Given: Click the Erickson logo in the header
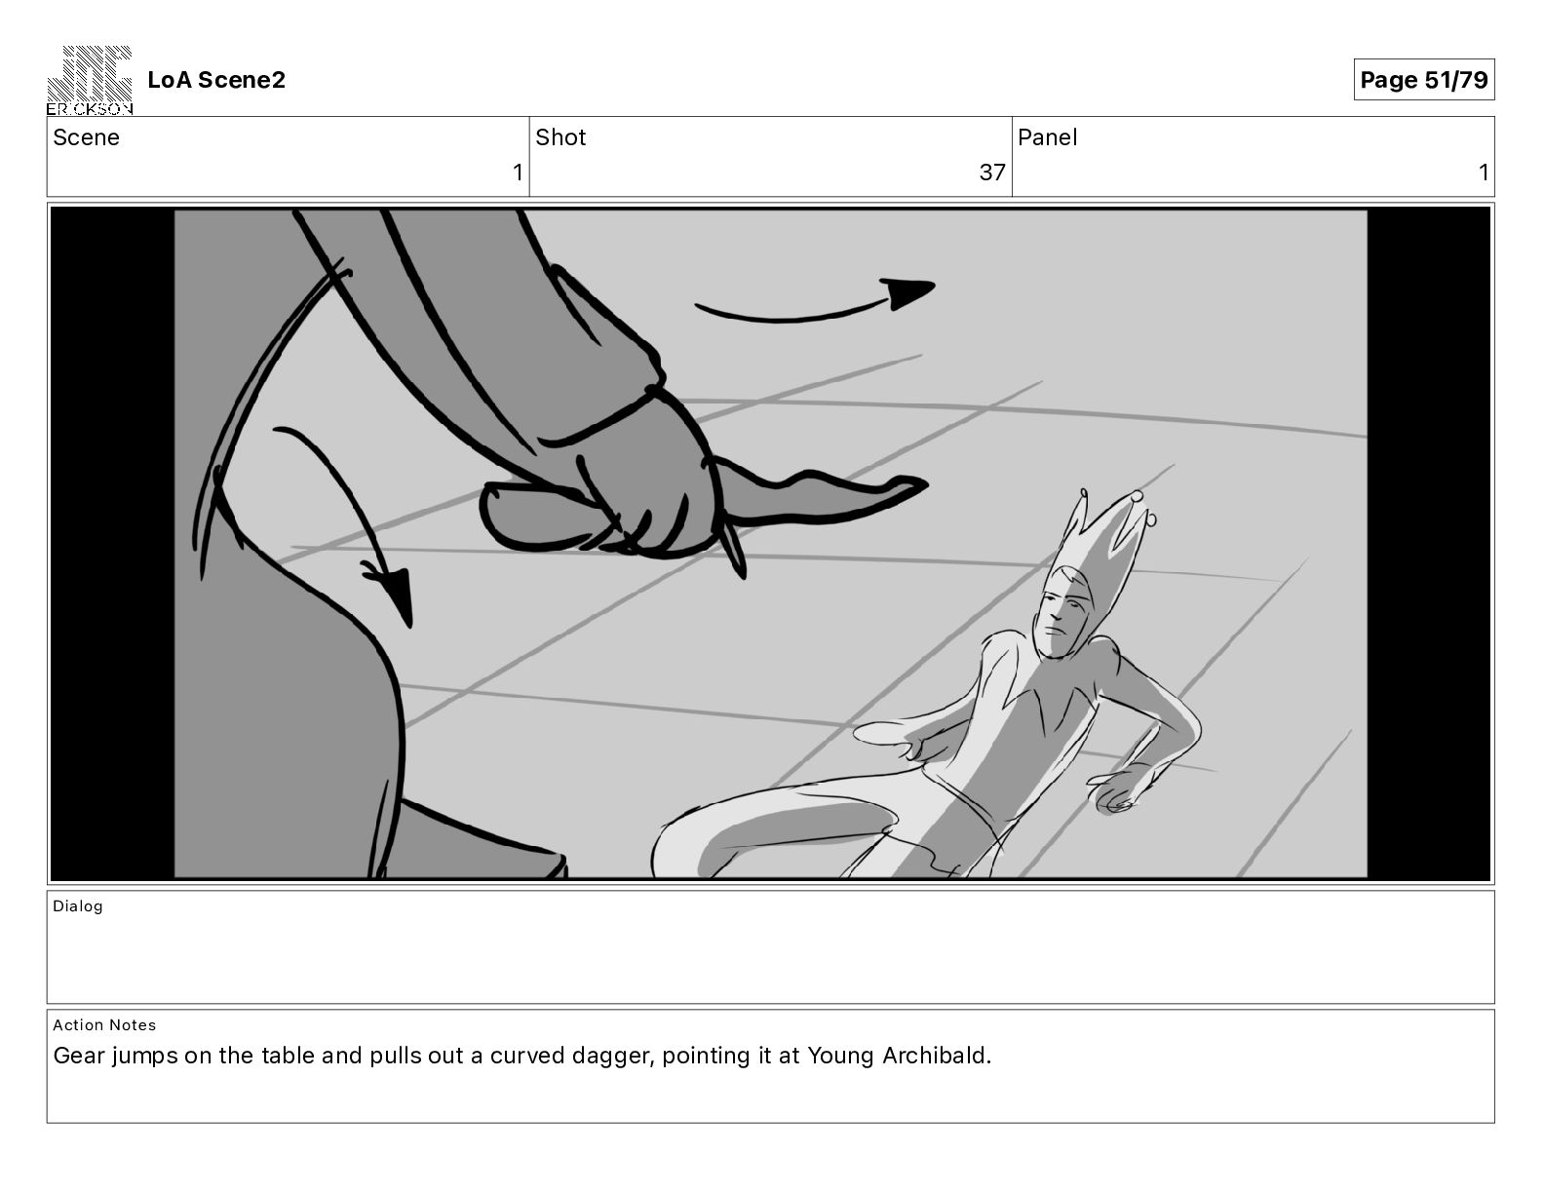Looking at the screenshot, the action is (x=90, y=80).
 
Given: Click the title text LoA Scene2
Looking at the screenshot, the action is (x=216, y=80).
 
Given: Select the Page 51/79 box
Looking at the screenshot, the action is (x=1423, y=80).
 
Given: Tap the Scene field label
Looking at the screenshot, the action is (x=86, y=137).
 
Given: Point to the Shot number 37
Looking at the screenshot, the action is (x=992, y=172).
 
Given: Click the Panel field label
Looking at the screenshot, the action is (x=1047, y=137).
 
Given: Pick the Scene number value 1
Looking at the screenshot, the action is (x=518, y=172).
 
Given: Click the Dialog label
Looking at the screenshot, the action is (x=77, y=905).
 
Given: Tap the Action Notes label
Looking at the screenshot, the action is (x=104, y=1024).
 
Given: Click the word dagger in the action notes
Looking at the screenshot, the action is (x=612, y=1056).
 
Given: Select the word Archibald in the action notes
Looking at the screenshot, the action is (x=937, y=1056).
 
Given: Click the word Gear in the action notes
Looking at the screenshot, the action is (x=79, y=1056).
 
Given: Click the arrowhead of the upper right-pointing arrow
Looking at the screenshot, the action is (x=908, y=292).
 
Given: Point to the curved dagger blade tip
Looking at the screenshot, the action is (x=924, y=483).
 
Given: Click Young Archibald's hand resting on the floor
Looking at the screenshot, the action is (x=1119, y=789).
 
